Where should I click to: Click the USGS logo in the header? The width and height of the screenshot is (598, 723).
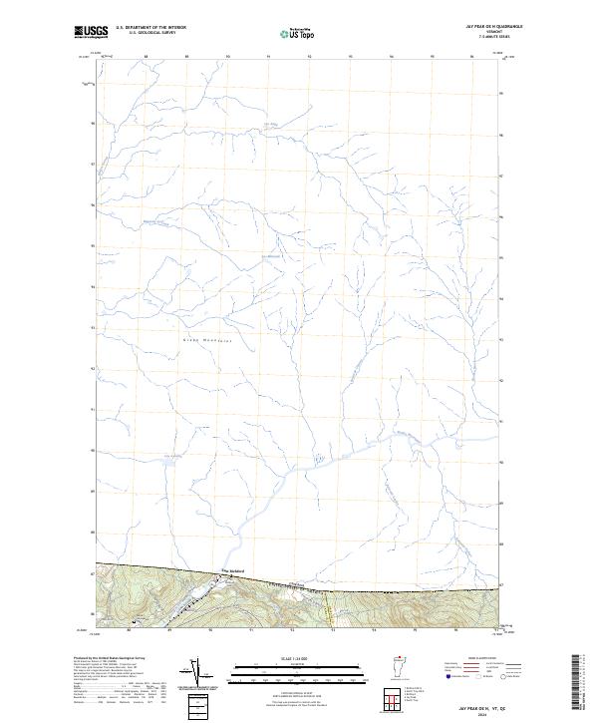coord(91,33)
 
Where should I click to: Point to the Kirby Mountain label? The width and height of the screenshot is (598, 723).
coord(207,339)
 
